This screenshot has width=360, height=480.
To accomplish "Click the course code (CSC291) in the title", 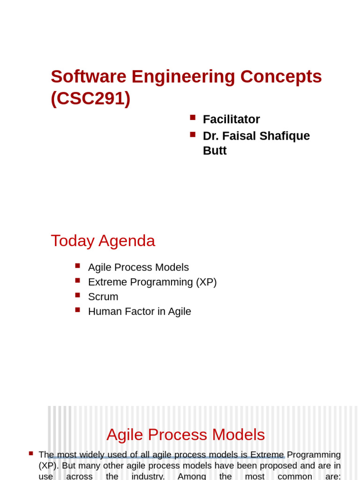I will pos(90,98).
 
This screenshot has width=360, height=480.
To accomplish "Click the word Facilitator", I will pos(231,120).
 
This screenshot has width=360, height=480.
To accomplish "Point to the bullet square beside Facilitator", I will pos(193,117).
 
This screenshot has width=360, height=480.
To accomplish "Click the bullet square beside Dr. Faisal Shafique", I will pos(193,134).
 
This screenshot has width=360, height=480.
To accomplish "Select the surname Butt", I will pos(215,150).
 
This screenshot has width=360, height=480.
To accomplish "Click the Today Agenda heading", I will pos(103,240).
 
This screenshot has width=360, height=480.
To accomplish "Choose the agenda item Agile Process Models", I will pos(138,267).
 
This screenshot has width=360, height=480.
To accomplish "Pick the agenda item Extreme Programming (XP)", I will pos(152,282).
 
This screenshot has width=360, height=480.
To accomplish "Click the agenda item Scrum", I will pos(103,297).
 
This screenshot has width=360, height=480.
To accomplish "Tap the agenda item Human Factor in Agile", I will pos(140,311).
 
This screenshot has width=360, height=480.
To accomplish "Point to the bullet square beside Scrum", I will pos(78,295).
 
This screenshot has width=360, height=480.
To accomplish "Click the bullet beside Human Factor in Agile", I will pos(78,309).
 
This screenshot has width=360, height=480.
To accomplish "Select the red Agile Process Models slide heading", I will pos(186,435).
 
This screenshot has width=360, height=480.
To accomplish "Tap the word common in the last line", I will pos(295,476).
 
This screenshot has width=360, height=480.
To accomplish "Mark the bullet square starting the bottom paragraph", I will pos(31,453).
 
